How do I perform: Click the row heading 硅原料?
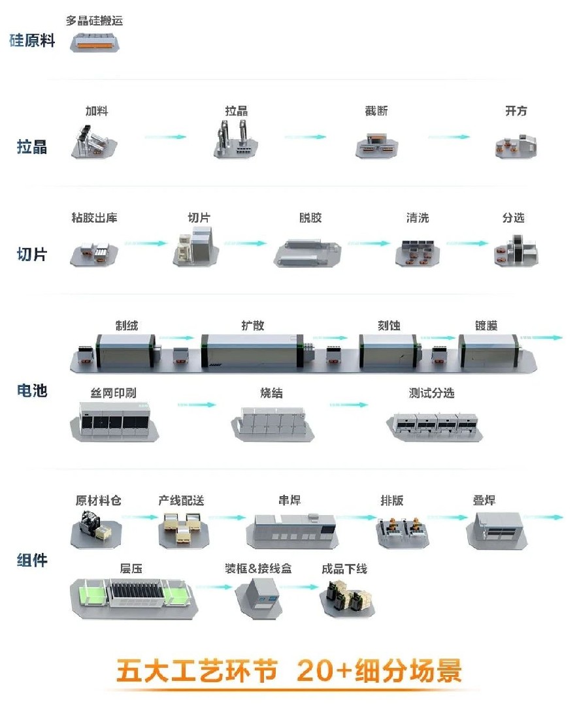(x=32, y=40)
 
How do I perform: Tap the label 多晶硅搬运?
(x=94, y=21)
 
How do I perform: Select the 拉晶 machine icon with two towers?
(x=237, y=139)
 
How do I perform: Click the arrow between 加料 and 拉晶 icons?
(x=165, y=136)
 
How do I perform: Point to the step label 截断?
(x=376, y=111)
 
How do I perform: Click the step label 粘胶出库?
(x=95, y=218)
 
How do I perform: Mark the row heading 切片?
(x=32, y=254)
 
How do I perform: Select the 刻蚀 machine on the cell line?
(x=388, y=349)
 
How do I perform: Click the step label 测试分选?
(x=431, y=393)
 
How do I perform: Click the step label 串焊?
(x=289, y=501)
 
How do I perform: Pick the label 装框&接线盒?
(x=258, y=569)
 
